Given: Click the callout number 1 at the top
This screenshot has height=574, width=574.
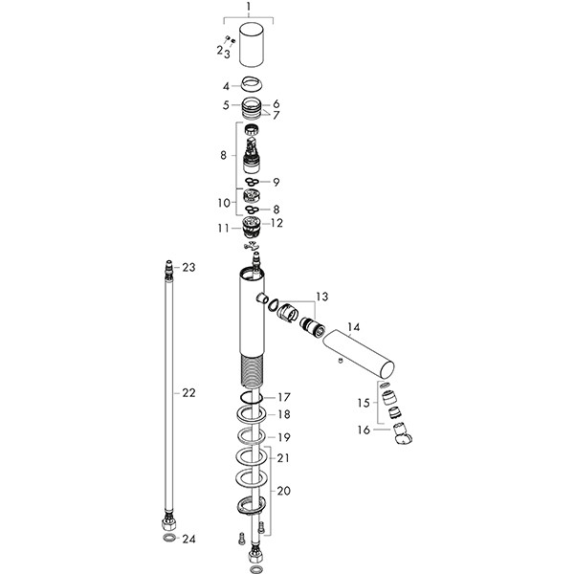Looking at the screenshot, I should click(249, 7).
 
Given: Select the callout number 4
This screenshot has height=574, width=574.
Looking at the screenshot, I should click(227, 84).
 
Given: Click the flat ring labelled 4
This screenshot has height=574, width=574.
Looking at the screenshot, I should click(252, 83).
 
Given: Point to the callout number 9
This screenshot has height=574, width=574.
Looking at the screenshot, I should click(276, 182).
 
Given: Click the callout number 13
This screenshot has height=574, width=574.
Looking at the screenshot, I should click(320, 297).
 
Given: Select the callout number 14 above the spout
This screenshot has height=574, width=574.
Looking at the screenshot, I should click(354, 327).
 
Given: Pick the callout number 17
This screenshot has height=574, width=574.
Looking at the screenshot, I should click(283, 396).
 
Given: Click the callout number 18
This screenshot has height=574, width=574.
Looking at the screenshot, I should click(283, 414).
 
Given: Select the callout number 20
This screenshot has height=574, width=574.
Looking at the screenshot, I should click(284, 490).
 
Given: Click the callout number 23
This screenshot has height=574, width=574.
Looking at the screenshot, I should click(188, 267).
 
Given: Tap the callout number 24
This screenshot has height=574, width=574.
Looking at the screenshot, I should click(188, 540).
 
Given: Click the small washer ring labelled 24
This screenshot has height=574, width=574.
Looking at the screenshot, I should click(167, 540).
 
